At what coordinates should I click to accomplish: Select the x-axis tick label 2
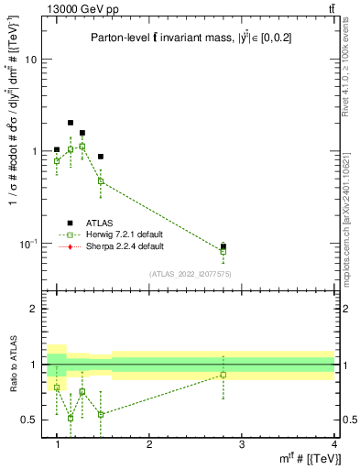point(150,446)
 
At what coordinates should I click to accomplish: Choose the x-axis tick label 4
point(334,446)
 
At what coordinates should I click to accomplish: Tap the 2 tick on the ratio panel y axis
point(33,309)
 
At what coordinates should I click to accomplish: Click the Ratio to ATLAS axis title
point(13,365)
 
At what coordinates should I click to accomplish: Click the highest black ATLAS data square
point(71,122)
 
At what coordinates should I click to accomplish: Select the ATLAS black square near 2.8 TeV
point(224,246)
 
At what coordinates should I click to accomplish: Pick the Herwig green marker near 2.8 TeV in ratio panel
point(224,375)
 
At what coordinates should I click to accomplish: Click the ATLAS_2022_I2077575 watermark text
point(190,273)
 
